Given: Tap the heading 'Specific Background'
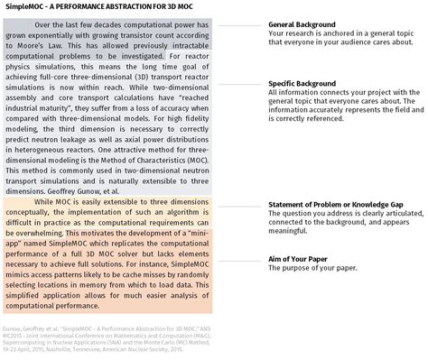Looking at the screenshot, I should click(310, 83).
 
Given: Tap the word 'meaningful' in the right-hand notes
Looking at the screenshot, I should click(290, 235).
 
